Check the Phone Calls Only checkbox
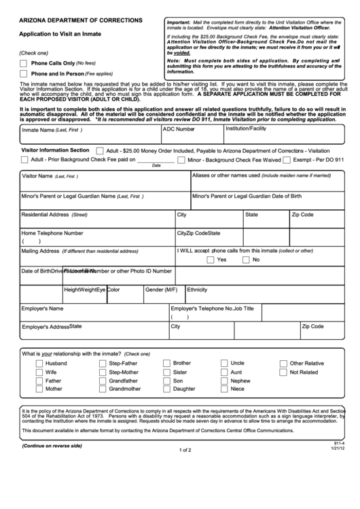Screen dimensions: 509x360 [x=24, y=63]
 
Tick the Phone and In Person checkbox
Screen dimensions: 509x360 [x=24, y=73]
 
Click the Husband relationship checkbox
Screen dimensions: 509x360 [x=39, y=364]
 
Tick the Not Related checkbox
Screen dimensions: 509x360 [x=283, y=372]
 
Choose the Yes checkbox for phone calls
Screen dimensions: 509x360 [x=210, y=260]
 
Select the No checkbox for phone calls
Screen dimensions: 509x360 [x=245, y=260]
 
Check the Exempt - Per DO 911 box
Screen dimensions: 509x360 [x=287, y=160]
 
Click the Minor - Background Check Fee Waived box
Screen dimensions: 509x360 [x=181, y=160]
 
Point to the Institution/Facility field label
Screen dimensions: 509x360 [x=246, y=128]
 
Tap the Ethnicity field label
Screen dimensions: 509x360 [x=197, y=288]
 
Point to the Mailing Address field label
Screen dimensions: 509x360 [x=41, y=250]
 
